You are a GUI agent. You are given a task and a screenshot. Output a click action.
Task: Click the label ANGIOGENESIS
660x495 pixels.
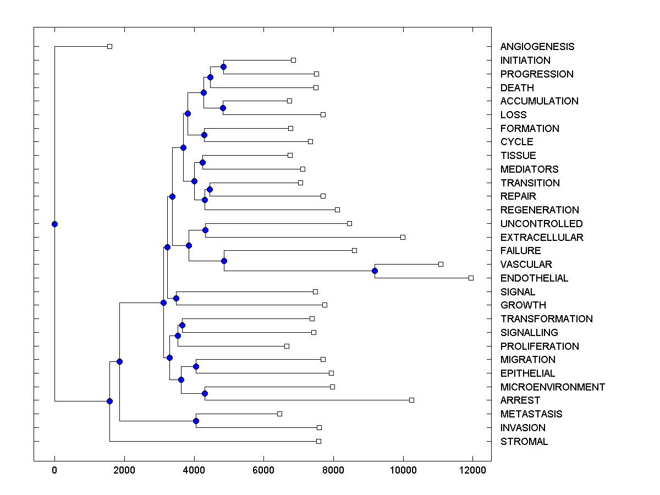click(537, 47)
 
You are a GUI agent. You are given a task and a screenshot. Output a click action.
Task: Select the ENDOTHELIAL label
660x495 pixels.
click(534, 278)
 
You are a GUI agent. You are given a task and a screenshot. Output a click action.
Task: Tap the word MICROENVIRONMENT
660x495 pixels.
click(552, 387)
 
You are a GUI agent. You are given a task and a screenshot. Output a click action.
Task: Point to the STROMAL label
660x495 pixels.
click(524, 442)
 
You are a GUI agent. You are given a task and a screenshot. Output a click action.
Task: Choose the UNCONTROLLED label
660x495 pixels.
click(541, 224)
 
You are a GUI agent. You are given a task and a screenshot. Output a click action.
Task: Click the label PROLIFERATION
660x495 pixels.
click(539, 346)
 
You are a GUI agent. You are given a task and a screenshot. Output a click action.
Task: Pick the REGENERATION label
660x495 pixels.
click(539, 210)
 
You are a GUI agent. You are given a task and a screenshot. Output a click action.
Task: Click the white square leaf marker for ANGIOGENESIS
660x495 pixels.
click(109, 46)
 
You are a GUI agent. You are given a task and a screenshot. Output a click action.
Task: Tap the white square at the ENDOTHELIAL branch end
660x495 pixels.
click(471, 278)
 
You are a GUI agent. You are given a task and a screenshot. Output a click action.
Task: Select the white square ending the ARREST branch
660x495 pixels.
click(411, 400)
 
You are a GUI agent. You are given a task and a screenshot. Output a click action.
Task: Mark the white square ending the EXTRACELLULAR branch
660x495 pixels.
click(403, 237)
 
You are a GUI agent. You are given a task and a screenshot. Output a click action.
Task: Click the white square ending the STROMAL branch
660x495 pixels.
click(318, 441)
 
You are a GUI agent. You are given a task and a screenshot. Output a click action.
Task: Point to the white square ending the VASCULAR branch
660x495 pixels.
click(441, 264)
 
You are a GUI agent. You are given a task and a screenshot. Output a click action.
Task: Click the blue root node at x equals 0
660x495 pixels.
click(54, 224)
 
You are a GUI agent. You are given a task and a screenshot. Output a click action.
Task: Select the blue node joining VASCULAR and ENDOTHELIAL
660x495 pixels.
click(375, 271)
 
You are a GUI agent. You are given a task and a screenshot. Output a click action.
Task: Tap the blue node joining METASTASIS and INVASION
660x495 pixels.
click(196, 421)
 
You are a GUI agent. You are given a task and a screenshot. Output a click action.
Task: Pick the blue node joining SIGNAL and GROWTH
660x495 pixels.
click(176, 298)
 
